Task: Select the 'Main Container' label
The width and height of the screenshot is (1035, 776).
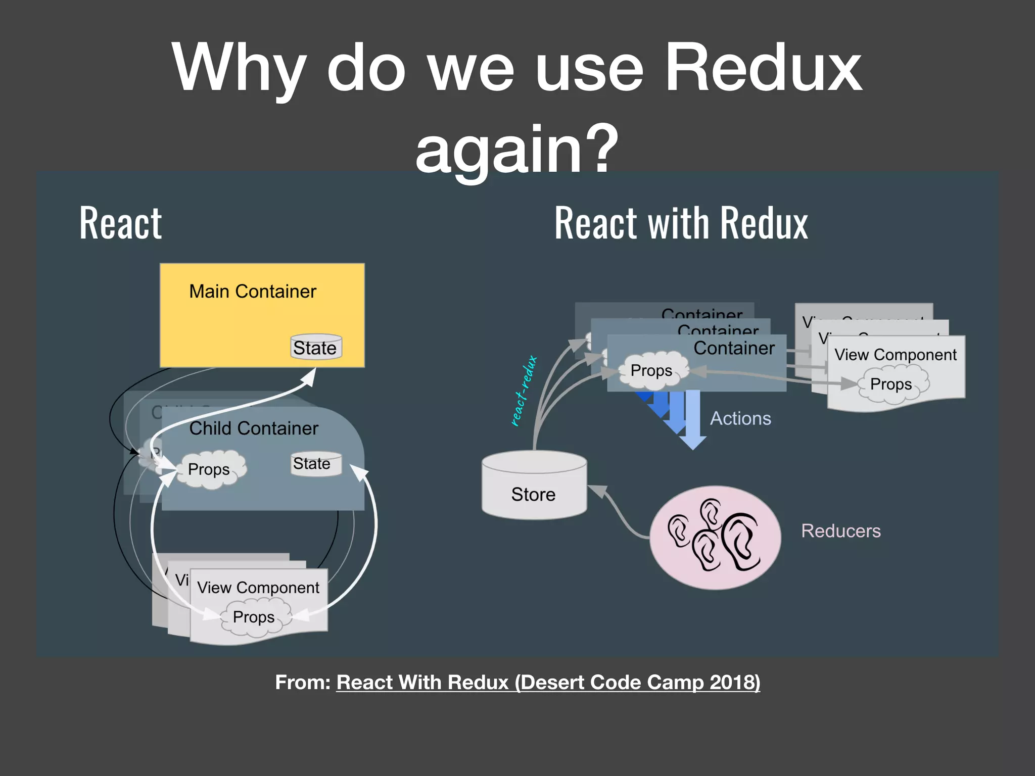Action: pyautogui.click(x=253, y=292)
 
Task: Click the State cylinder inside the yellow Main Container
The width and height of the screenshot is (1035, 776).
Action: pyautogui.click(x=316, y=347)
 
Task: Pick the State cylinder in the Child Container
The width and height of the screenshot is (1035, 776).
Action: pyautogui.click(x=316, y=463)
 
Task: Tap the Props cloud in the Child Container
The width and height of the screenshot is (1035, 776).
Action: pyautogui.click(x=209, y=469)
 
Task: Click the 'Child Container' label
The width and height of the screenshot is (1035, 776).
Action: pyautogui.click(x=254, y=428)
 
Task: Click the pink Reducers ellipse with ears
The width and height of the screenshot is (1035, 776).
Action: pyautogui.click(x=715, y=538)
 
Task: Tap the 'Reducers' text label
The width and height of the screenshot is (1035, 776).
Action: pyautogui.click(x=840, y=531)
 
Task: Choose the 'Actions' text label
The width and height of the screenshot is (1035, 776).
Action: pyautogui.click(x=740, y=418)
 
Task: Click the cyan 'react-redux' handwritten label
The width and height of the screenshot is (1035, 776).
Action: pyautogui.click(x=524, y=391)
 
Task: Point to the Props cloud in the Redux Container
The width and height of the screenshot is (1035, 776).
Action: pyautogui.click(x=652, y=370)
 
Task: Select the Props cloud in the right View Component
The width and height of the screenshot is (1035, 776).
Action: pyautogui.click(x=891, y=384)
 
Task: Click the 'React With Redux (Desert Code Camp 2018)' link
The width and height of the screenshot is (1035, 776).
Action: pyautogui.click(x=548, y=682)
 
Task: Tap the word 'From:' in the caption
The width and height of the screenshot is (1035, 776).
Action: pyautogui.click(x=302, y=682)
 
